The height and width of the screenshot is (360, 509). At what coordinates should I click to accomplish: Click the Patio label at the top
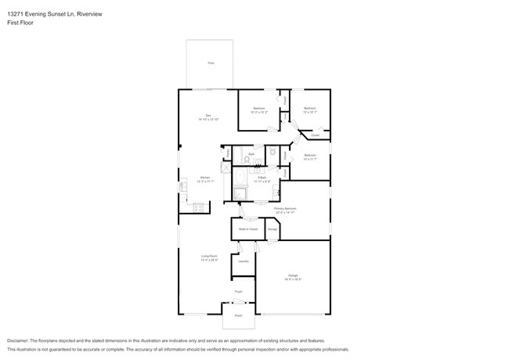click(211, 63)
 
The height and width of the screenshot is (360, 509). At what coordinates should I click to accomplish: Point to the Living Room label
click(208, 257)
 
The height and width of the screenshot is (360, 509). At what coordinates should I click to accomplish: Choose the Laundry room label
click(244, 261)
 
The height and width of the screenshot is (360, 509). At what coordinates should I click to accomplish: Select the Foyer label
click(239, 290)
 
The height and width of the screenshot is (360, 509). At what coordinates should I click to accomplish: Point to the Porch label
click(238, 315)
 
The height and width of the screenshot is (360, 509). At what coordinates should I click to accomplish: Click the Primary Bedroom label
click(294, 210)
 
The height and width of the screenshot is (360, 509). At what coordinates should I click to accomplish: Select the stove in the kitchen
click(199, 207)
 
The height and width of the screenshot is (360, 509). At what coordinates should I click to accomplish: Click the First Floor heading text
click(19, 23)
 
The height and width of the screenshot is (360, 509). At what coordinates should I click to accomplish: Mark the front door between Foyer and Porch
click(239, 301)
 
